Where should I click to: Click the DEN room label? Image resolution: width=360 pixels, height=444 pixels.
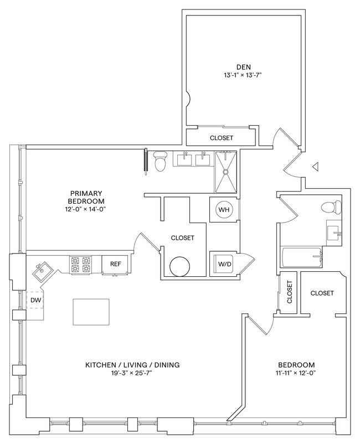pyautogui.click(x=240, y=65)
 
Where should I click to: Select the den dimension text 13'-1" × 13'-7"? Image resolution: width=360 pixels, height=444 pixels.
pyautogui.click(x=240, y=74)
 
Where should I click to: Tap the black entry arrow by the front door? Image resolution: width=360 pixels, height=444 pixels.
pyautogui.click(x=315, y=166)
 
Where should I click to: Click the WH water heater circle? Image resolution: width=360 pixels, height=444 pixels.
pyautogui.click(x=224, y=210)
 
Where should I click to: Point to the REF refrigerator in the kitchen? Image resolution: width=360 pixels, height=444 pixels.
pyautogui.click(x=115, y=264)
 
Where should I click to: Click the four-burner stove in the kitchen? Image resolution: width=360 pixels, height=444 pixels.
pyautogui.click(x=80, y=264)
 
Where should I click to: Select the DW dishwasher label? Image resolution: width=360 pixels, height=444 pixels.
pyautogui.click(x=35, y=300)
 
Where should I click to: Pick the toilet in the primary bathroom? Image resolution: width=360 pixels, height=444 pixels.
pyautogui.click(x=161, y=161)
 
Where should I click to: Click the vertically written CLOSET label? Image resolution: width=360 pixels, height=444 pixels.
pyautogui.click(x=289, y=291)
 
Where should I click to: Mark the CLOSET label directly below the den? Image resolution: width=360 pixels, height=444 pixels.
pyautogui.click(x=222, y=138)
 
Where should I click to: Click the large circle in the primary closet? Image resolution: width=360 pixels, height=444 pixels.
pyautogui.click(x=181, y=267)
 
